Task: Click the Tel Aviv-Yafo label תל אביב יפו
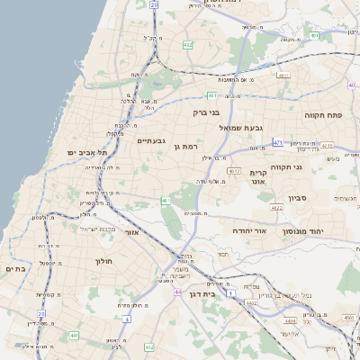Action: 86,153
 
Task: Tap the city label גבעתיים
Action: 152,141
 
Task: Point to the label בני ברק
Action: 206,112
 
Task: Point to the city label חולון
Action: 103,261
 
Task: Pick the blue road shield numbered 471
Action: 278,142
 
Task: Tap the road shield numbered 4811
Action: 283,76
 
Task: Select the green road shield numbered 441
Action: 74,336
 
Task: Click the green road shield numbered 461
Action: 166,201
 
